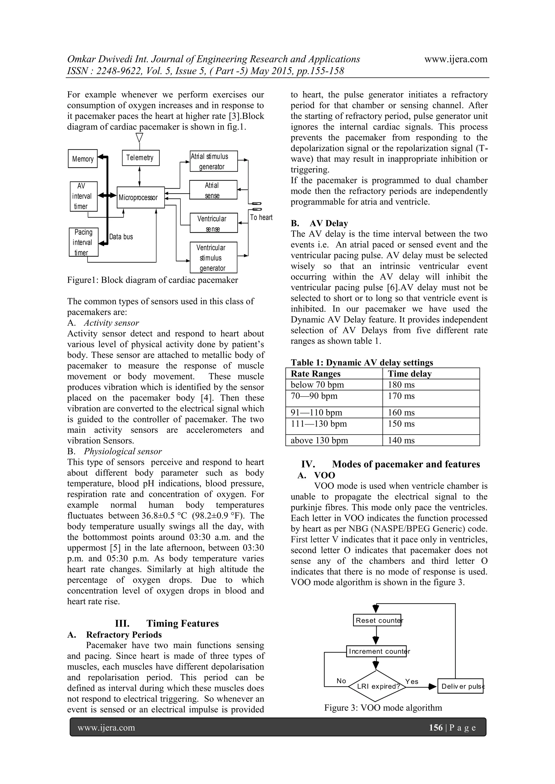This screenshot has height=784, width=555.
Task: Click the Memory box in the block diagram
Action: [83, 159]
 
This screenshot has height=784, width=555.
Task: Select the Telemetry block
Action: [140, 158]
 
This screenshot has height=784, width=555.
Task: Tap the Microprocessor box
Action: [140, 197]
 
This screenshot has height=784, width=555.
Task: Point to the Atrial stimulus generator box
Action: [214, 161]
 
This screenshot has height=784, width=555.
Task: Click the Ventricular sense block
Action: [214, 223]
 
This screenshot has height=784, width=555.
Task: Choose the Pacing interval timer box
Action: [83, 242]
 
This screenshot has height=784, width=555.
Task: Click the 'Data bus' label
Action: [121, 237]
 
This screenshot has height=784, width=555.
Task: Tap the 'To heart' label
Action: [261, 217]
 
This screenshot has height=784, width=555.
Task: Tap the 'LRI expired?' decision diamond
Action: [377, 686]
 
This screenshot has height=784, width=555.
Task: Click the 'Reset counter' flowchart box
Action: [377, 620]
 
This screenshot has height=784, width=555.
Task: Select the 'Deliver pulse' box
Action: [460, 686]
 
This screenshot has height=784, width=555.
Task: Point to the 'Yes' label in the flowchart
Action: [412, 681]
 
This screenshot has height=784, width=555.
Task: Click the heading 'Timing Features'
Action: [182, 623]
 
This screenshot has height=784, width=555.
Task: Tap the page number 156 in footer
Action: [435, 728]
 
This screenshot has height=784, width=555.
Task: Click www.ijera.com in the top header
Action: [456, 59]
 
